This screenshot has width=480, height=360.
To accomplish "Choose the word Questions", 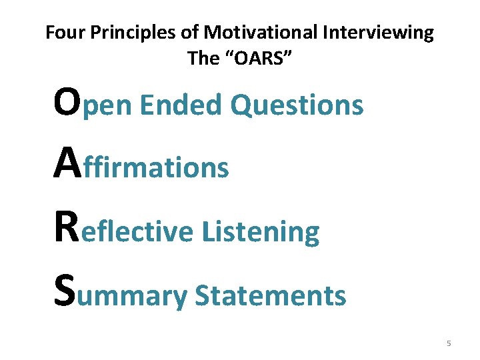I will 297,105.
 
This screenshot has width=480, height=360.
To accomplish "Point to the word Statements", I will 270,295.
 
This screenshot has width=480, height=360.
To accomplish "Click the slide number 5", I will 449,343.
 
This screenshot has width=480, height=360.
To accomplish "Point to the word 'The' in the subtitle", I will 203,58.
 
